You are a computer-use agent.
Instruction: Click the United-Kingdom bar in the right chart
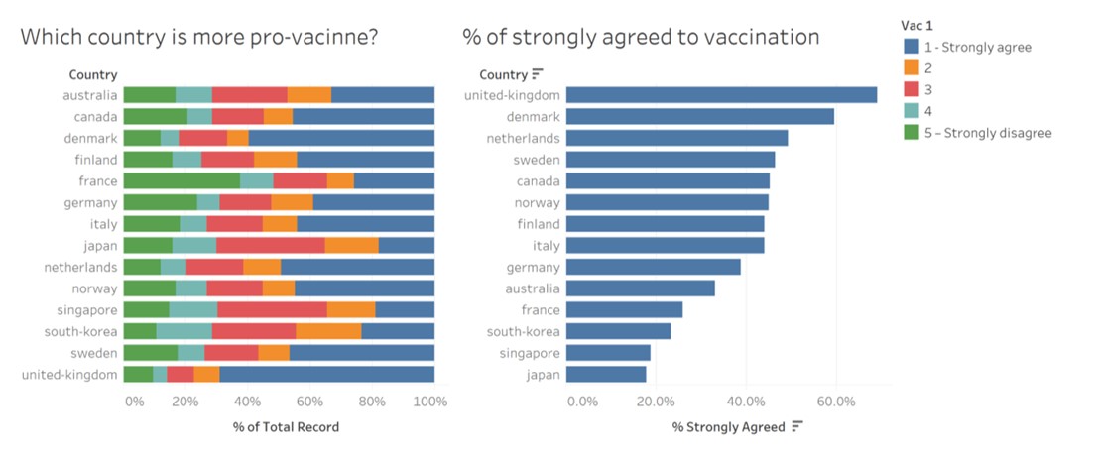coord(721,95)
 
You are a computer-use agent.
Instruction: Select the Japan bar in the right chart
coord(606,374)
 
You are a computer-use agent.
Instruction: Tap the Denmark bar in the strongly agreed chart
coord(699,117)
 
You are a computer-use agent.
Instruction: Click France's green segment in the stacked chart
coord(182,180)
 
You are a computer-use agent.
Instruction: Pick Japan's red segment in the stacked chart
coord(270,245)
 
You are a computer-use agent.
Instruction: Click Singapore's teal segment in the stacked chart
coord(193,309)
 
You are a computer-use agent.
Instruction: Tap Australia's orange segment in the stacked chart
coord(308,95)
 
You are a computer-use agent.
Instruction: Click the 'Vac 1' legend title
coord(917,26)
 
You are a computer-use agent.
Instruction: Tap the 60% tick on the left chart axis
coord(309,402)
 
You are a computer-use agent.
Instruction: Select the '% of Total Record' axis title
coord(286,427)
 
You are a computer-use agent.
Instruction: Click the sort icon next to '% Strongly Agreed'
coord(796,427)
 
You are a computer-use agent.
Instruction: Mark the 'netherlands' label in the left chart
coord(80,267)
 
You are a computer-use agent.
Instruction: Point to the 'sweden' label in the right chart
coord(537,160)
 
